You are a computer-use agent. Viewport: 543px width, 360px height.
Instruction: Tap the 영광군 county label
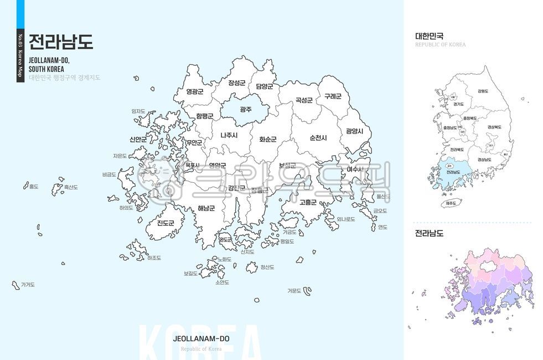[195, 91]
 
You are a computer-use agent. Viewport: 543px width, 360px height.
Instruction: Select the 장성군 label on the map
[236, 83]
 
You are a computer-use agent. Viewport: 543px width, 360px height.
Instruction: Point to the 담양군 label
[264, 86]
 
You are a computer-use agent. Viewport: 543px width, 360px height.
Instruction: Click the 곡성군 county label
[304, 100]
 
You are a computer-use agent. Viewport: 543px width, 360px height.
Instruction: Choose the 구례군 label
[333, 96]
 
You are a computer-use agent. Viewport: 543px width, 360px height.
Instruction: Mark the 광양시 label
[354, 131]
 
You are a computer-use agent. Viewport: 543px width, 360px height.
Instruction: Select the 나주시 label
[229, 135]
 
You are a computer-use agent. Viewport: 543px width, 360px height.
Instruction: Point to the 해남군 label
[206, 208]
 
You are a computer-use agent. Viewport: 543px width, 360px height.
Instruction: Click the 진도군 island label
[165, 223]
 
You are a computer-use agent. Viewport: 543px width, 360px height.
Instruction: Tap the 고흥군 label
[308, 202]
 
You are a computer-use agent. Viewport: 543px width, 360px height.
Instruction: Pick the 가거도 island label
[28, 285]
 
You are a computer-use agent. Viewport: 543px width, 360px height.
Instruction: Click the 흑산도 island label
[70, 187]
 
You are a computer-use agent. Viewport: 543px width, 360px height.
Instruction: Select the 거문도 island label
[294, 290]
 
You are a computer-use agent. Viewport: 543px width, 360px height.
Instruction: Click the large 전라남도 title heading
[61, 42]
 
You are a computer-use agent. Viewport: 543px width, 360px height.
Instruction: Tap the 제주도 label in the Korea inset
[451, 203]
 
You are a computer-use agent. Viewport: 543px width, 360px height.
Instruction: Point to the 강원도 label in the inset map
[483, 91]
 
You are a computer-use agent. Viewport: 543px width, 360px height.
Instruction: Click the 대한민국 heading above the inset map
[430, 37]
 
